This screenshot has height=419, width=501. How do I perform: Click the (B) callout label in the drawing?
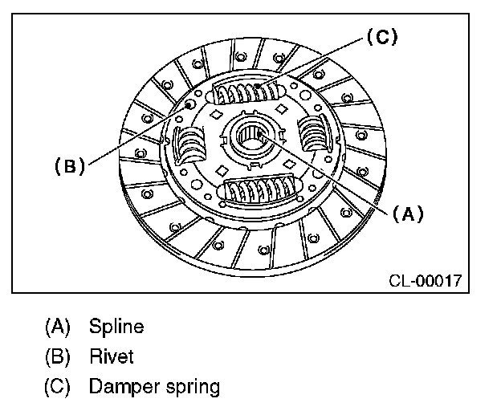coord(70,166)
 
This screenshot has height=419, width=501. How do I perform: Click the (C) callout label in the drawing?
coord(381,38)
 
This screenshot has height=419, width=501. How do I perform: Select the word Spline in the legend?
coord(116,327)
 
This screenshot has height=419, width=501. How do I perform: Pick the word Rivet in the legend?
coord(112,356)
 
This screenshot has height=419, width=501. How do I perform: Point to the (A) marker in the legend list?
coord(59,327)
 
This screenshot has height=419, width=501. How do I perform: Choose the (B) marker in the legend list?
coord(59,356)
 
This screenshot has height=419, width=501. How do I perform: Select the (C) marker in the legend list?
coord(59,386)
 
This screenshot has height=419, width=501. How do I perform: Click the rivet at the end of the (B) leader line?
coord(189,104)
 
